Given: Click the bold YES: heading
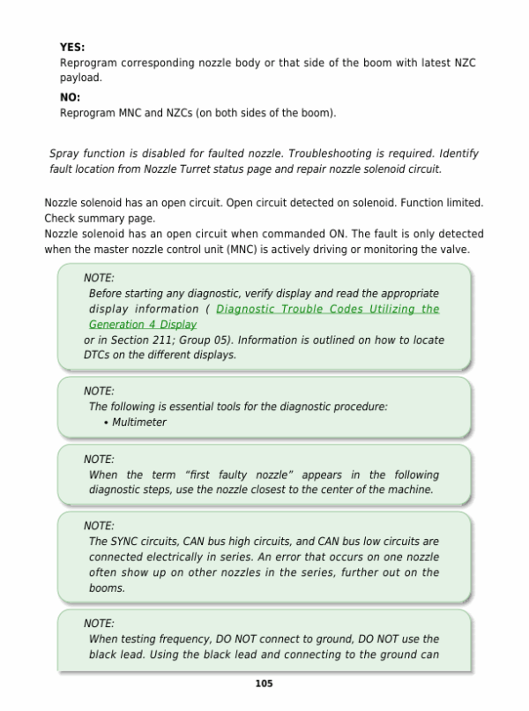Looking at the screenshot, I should pyautogui.click(x=72, y=48).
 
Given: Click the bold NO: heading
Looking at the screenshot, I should pyautogui.click(x=70, y=98).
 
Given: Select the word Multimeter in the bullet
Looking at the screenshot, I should pyautogui.click(x=139, y=422).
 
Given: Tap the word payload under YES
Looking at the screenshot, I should pyautogui.click(x=78, y=78).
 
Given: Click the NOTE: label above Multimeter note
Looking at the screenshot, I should pyautogui.click(x=99, y=391).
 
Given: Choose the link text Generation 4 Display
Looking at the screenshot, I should pyautogui.click(x=142, y=325).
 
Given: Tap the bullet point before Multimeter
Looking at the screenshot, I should pyautogui.click(x=106, y=422).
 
